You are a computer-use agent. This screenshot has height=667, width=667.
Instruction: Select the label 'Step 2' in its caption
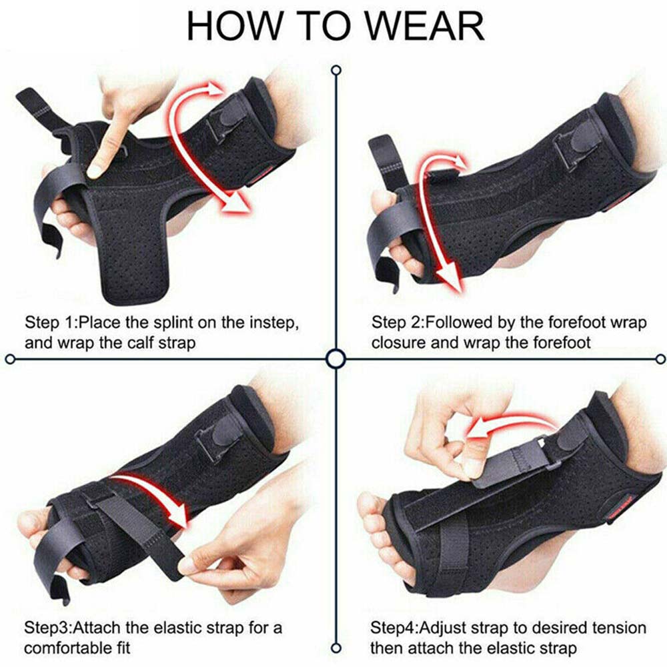click(396, 323)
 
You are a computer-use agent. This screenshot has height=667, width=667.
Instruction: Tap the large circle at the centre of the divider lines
click(336, 360)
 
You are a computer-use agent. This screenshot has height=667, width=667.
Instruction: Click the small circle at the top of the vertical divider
click(336, 70)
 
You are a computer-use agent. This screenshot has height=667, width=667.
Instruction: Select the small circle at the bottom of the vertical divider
click(336, 649)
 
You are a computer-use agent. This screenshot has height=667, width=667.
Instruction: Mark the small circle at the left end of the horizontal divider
click(11, 360)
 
